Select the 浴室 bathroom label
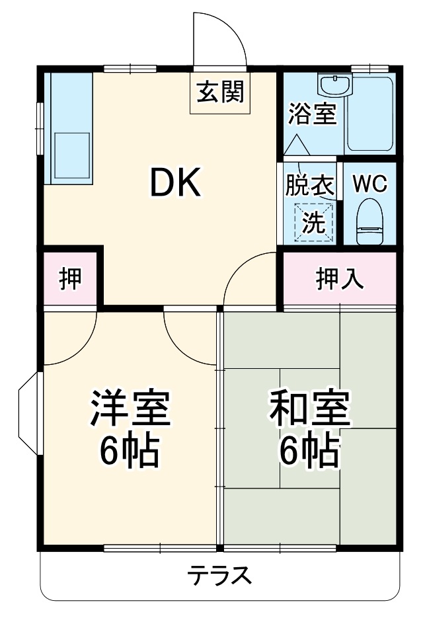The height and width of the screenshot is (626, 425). pos(312,113)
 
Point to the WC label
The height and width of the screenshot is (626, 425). pos(369,184)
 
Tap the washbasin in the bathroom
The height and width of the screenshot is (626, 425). pos(336,85)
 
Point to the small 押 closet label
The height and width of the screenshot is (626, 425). pos(70,278)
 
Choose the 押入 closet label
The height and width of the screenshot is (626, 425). pos(339,278)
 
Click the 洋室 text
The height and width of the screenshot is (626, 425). pos(131,410)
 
